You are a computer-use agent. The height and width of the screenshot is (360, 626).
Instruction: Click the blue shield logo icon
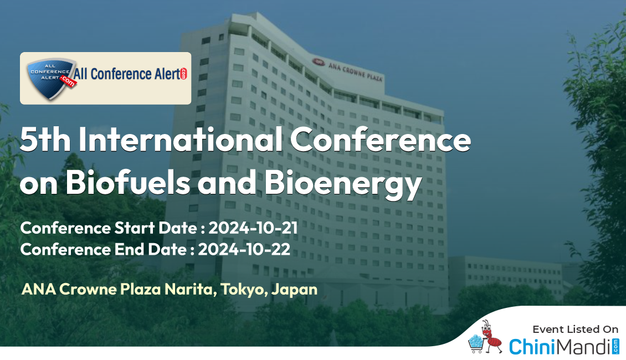coord(51,78)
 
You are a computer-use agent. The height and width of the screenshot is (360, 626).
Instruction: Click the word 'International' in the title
coord(181,139)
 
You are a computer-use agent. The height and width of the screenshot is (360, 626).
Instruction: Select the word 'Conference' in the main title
coord(381,139)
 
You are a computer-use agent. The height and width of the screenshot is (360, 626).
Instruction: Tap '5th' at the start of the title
coord(45,139)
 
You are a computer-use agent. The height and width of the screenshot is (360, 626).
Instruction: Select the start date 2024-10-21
coord(253,228)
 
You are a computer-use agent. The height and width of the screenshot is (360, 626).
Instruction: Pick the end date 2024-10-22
coord(244,249)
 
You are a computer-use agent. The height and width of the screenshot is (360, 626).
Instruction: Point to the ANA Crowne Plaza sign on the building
coord(348,69)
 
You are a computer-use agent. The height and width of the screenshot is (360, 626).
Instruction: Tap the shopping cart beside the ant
coord(475,344)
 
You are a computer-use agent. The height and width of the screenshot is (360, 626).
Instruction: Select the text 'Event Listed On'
coord(575,330)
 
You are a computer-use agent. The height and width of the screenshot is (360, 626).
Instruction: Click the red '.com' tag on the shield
coord(68,82)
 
